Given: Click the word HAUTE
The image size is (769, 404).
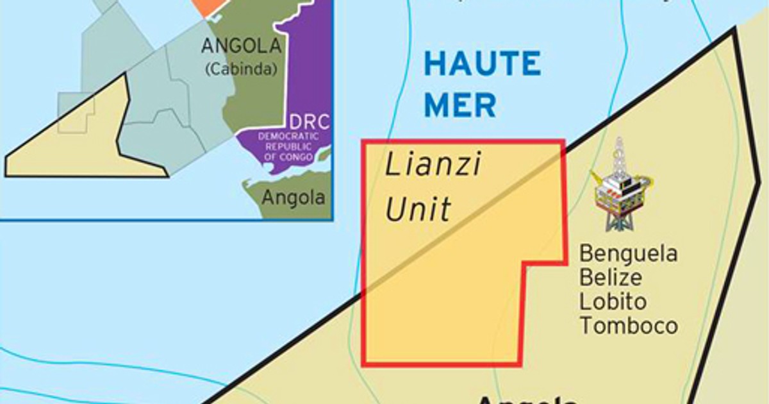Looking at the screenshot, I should (x=482, y=64).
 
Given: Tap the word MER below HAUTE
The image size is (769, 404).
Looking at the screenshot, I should (x=460, y=105).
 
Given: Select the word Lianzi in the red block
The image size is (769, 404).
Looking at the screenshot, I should (x=433, y=166).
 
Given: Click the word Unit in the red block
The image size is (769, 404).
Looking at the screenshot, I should (x=418, y=210).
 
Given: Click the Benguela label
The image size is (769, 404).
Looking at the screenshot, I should (x=628, y=254).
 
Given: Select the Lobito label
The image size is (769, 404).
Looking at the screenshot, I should (x=613, y=301).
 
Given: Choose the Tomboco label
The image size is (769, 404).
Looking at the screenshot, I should (x=629, y=325).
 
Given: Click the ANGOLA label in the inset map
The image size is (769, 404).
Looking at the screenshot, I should (x=241, y=46).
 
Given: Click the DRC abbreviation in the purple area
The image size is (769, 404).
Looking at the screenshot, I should (x=309, y=122).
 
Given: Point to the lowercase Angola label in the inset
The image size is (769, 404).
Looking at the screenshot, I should (x=294, y=198).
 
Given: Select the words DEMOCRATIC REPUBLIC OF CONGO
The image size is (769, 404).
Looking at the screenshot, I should (x=288, y=147).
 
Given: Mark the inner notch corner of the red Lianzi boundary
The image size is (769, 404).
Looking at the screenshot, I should (x=524, y=264).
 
